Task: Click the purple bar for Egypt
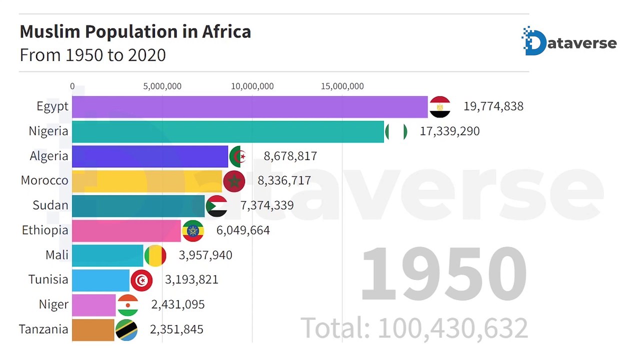click(x=250, y=107)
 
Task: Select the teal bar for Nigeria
click(x=228, y=131)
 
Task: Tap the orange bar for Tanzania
click(x=93, y=330)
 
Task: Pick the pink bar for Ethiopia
click(x=126, y=231)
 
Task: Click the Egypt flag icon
click(x=440, y=107)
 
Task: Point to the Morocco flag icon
click(x=234, y=181)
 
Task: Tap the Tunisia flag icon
click(x=141, y=280)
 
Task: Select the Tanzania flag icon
click(x=126, y=330)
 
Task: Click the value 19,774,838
click(x=493, y=106)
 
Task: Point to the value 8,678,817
click(x=290, y=156)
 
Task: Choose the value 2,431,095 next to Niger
click(x=178, y=304)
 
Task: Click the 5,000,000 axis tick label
click(x=162, y=86)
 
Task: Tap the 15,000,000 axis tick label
click(x=342, y=86)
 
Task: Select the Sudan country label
click(x=50, y=205)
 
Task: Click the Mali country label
click(x=57, y=255)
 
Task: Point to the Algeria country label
click(x=49, y=156)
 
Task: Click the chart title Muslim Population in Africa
click(x=135, y=31)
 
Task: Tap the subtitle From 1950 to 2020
click(x=93, y=55)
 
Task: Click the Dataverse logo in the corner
click(x=569, y=41)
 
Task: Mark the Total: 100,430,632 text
click(x=414, y=328)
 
